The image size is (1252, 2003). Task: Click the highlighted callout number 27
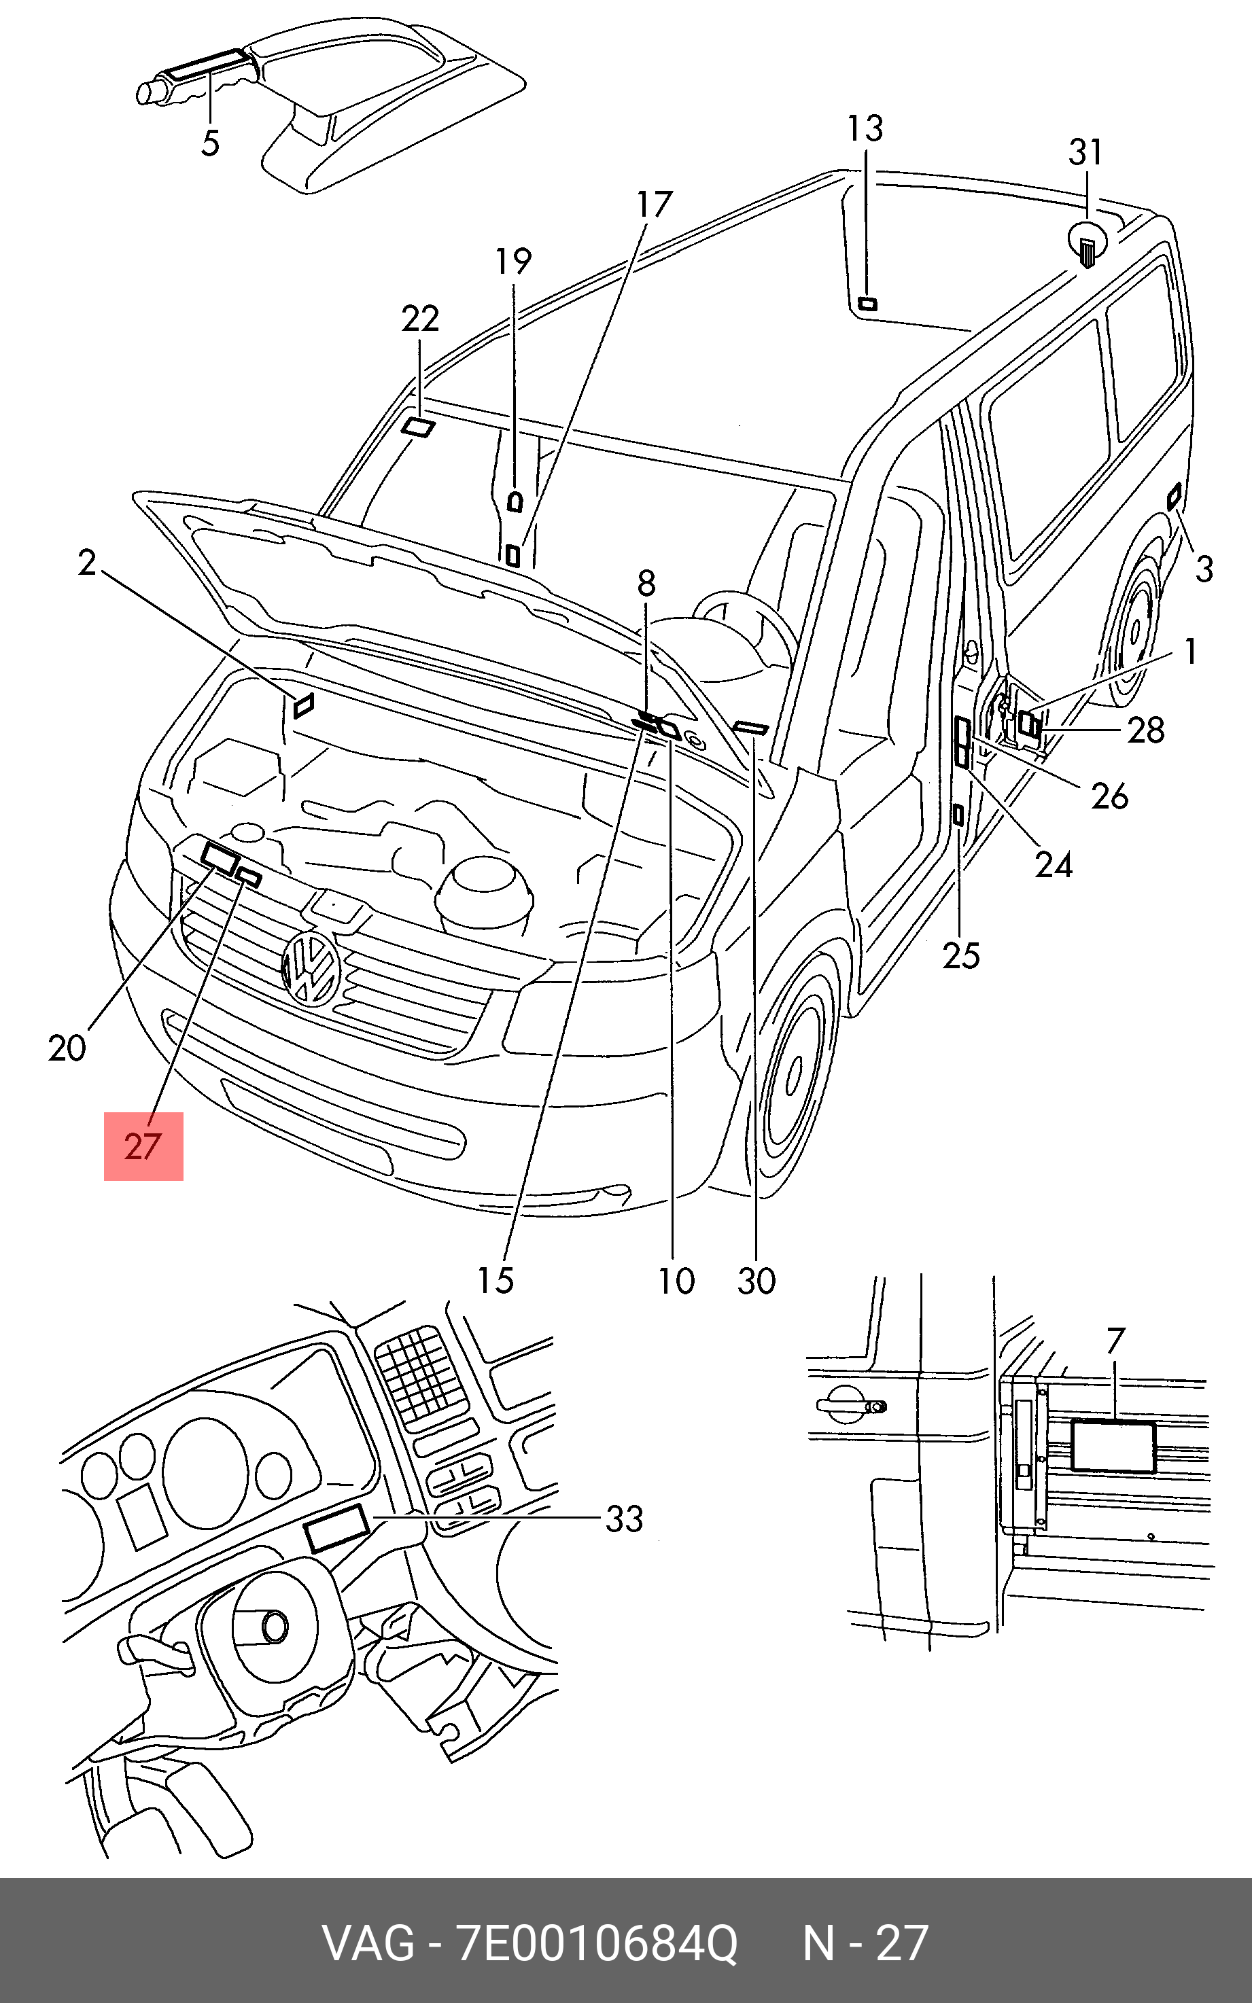click(x=143, y=1146)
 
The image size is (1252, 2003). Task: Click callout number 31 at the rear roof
click(x=1085, y=152)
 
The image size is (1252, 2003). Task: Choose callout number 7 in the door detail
click(x=1115, y=1340)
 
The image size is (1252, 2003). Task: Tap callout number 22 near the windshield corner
click(x=420, y=319)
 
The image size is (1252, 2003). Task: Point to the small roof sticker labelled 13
click(x=867, y=304)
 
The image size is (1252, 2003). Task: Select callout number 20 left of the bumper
click(x=67, y=1048)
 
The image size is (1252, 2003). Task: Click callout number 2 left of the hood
click(x=87, y=564)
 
